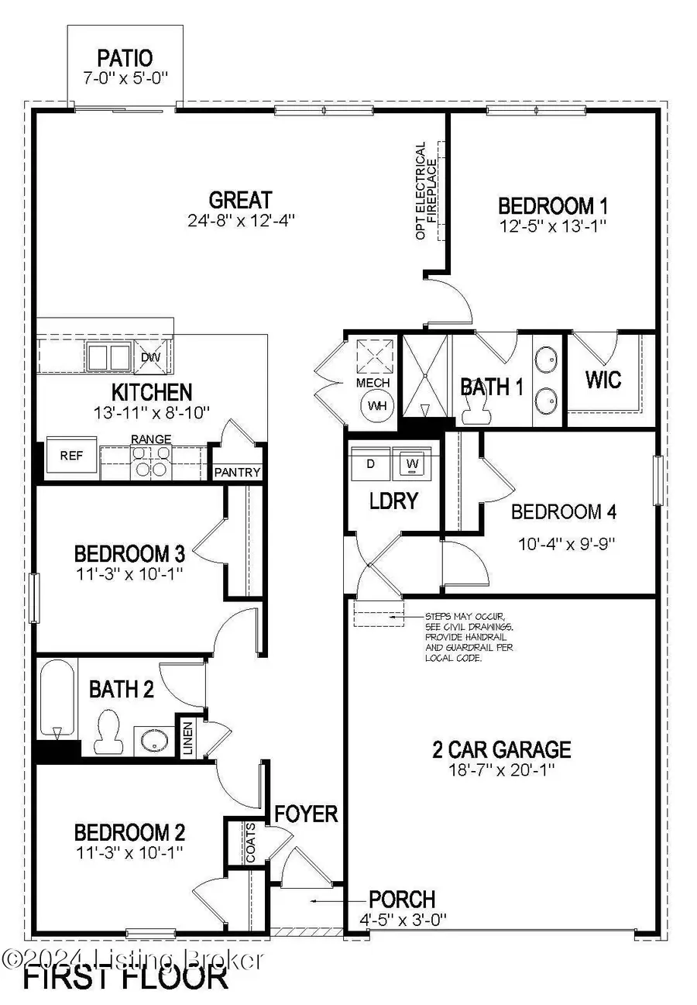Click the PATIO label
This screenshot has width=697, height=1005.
(125, 57)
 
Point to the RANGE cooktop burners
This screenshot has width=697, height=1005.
(150, 462)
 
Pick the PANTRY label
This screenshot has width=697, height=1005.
(238, 473)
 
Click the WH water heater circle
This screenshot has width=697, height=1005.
(378, 405)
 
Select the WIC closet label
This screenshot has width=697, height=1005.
(604, 381)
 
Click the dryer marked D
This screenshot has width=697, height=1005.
(371, 464)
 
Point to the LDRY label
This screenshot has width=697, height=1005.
(393, 501)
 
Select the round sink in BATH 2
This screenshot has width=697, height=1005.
(147, 739)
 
